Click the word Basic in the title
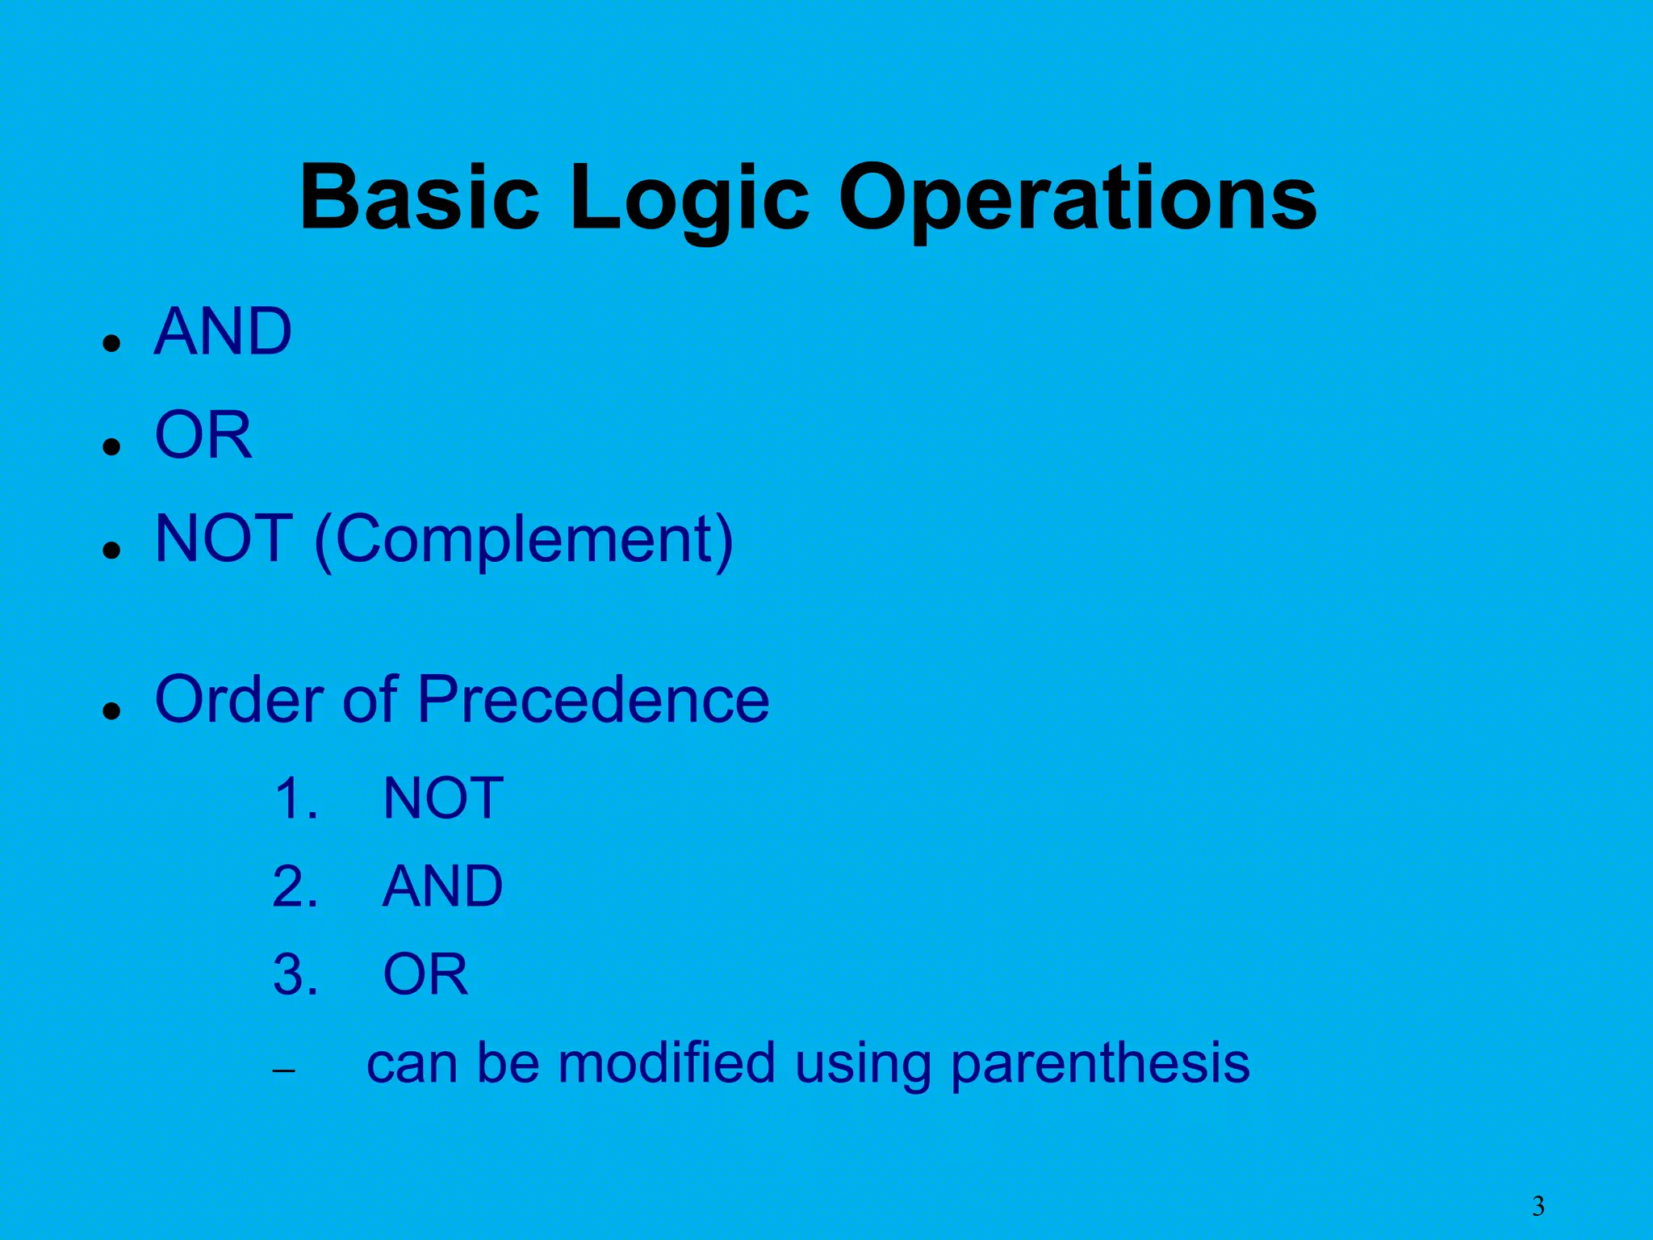[x=419, y=198]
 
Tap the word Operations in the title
[x=1077, y=198]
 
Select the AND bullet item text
[x=223, y=332]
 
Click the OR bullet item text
[x=203, y=435]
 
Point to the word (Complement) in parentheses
[x=524, y=539]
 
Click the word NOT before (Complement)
[x=224, y=538]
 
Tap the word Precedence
[x=592, y=699]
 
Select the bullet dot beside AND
[x=112, y=343]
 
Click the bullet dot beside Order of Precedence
[x=112, y=710]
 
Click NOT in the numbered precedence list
[x=443, y=798]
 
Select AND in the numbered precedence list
[x=442, y=886]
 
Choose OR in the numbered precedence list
[x=425, y=974]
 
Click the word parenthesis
[x=1100, y=1064]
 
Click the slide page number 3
[x=1538, y=1206]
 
